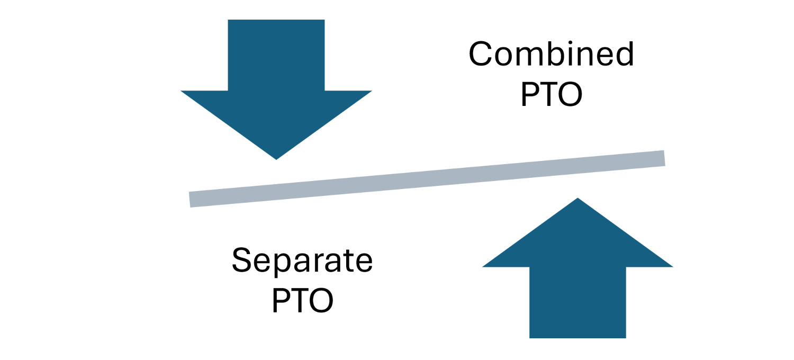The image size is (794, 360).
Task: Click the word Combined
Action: [x=551, y=54]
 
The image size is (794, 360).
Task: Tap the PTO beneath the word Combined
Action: [x=551, y=95]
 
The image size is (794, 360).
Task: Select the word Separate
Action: [x=302, y=260]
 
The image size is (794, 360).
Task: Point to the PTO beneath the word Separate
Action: [x=302, y=301]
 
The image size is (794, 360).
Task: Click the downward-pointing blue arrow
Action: [x=276, y=95]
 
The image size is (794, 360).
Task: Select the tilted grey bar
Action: [x=427, y=178]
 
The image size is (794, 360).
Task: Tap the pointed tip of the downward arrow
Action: [x=276, y=157]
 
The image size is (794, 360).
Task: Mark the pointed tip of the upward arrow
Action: [x=578, y=200]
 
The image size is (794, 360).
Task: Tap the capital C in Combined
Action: [x=481, y=54]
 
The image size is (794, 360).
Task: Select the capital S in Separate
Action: [x=241, y=260]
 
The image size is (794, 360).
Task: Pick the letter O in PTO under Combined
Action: [x=571, y=95]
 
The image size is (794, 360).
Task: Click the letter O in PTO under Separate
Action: [x=321, y=301]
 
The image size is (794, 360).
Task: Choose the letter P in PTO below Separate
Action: [x=281, y=301]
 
